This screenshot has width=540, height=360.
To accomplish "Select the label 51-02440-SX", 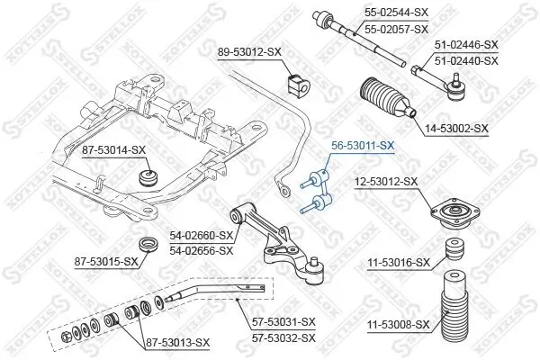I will click(x=466, y=60).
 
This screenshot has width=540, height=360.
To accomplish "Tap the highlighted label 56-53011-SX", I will click(x=358, y=145).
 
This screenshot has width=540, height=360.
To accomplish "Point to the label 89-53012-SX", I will click(x=251, y=53).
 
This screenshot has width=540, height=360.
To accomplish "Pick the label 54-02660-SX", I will click(x=202, y=235).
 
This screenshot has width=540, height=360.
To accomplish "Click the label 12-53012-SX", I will click(x=386, y=181).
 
